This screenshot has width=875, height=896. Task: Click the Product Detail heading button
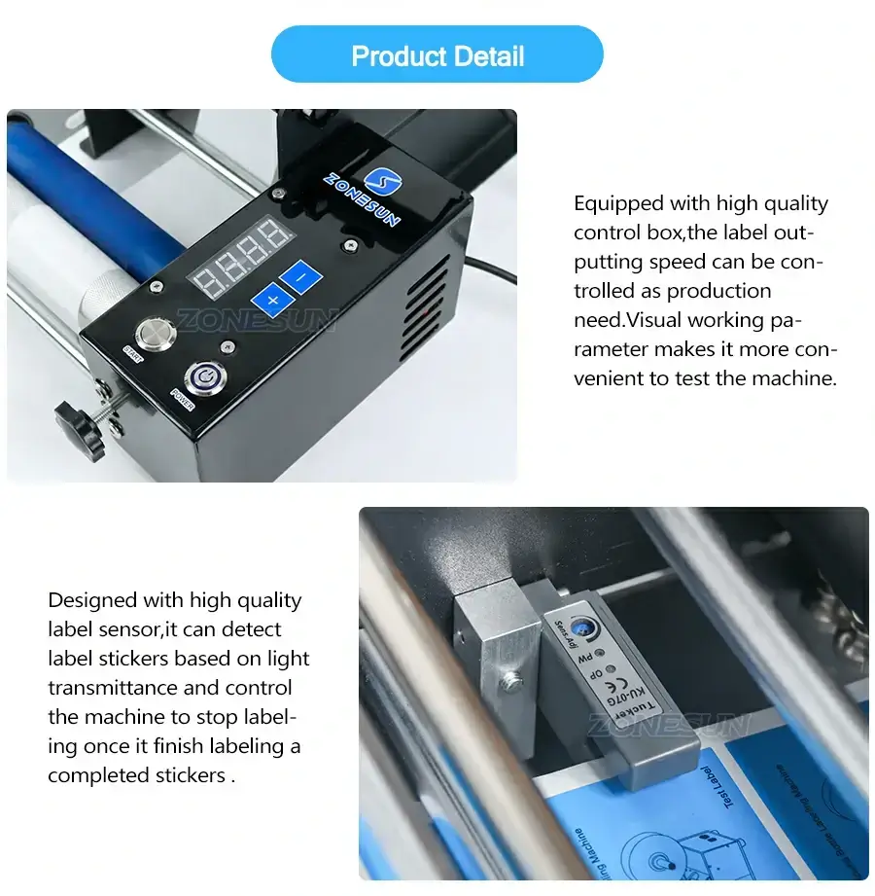[437, 55]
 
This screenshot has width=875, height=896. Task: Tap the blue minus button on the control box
[302, 277]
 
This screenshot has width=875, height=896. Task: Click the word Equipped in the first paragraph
[616, 203]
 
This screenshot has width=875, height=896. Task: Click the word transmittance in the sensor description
[113, 688]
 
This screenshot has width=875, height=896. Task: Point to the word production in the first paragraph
[719, 291]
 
